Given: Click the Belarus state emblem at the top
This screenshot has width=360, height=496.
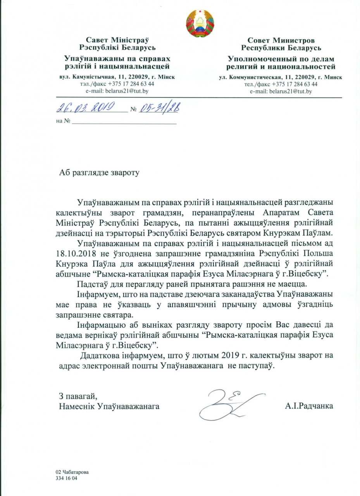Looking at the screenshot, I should (x=200, y=23).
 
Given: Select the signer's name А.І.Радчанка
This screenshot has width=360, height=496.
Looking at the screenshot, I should (x=309, y=406).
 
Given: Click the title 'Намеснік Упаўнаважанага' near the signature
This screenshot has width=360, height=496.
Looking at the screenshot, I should (x=109, y=406).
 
